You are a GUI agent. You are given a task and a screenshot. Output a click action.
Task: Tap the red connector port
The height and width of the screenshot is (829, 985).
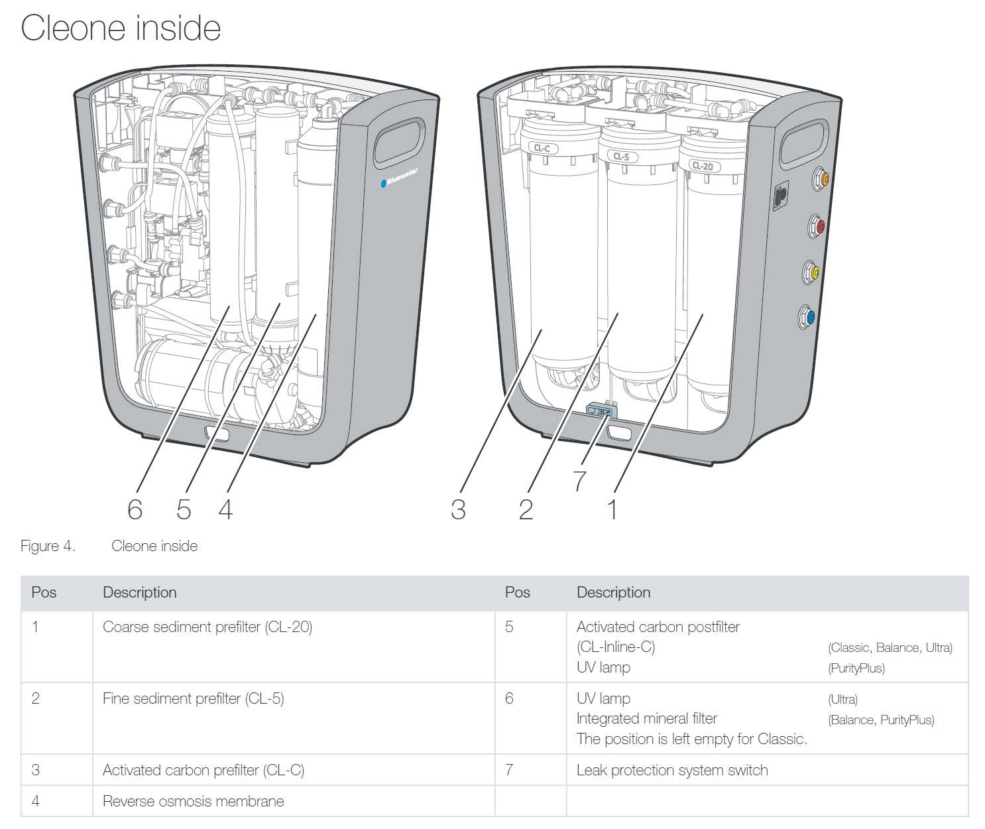click(819, 227)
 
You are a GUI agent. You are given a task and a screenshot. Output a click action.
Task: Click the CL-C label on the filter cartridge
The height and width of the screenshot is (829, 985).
click(542, 148)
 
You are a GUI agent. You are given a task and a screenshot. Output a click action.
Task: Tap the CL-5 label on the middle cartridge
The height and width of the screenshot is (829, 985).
click(621, 157)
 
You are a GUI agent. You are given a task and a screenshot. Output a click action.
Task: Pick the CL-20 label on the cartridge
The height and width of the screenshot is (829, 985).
click(702, 166)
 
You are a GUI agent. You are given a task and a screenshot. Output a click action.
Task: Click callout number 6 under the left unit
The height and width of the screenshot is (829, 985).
click(135, 509)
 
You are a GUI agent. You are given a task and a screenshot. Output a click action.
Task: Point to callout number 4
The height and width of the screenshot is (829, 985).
click(225, 509)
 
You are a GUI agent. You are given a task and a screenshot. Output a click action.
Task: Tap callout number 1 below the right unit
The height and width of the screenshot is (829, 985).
click(612, 509)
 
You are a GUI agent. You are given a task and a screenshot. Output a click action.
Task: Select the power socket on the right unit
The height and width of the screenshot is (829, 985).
click(780, 197)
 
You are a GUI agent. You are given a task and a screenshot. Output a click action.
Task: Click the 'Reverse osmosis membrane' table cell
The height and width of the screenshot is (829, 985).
click(193, 801)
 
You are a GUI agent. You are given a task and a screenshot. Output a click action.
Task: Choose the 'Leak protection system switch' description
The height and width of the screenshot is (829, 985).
click(672, 770)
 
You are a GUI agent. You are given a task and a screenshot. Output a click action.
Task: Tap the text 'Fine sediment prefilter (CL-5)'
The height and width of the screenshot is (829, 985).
click(193, 698)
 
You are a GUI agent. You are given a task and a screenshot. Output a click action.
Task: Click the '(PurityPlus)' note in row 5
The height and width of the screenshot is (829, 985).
click(856, 668)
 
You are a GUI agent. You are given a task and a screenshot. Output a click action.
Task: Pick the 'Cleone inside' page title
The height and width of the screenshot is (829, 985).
click(121, 28)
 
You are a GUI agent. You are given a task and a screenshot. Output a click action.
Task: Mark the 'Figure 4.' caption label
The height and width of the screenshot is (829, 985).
click(48, 546)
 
